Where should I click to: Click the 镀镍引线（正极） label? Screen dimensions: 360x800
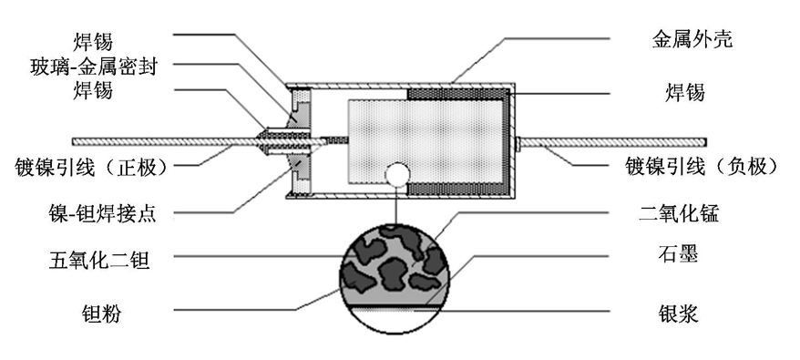88,166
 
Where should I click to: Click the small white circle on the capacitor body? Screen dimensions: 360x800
395,174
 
